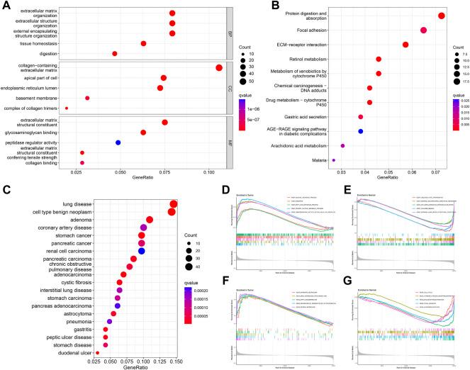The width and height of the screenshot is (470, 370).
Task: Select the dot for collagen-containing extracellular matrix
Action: (219, 68)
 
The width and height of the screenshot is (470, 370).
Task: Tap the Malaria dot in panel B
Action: (333, 161)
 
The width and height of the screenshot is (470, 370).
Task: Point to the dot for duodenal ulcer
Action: (97, 352)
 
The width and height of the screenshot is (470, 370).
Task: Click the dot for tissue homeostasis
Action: (143, 43)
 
